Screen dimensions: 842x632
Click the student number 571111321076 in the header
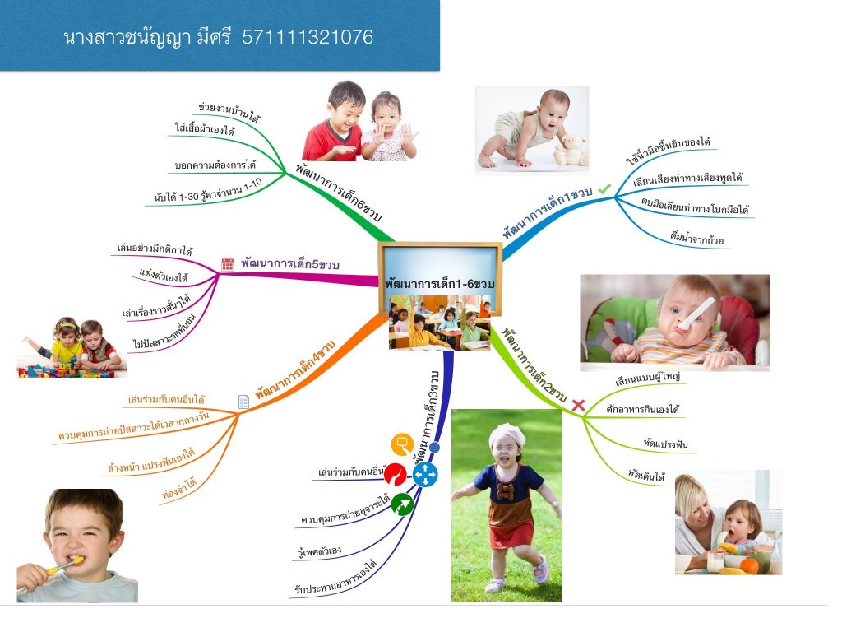tap(308, 37)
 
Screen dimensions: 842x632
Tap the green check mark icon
tap(604, 189)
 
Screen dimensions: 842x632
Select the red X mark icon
tap(578, 405)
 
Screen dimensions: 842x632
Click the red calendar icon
tap(228, 264)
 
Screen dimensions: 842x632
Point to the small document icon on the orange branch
tap(243, 402)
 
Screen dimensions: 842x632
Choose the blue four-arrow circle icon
tap(425, 475)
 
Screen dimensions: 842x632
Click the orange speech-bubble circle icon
tap(402, 444)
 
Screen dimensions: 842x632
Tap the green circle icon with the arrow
tap(401, 504)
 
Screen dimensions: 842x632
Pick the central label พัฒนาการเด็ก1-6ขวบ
tap(439, 284)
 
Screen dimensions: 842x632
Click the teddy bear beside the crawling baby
tap(571, 150)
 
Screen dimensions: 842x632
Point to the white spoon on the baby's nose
tap(696, 313)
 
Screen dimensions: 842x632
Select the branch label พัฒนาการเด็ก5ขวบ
tap(290, 264)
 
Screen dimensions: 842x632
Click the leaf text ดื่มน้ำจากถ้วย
tap(696, 238)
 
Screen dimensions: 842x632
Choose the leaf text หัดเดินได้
tap(646, 475)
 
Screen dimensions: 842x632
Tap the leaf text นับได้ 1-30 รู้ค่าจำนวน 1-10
tap(208, 191)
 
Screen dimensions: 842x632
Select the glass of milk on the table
tap(715, 563)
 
